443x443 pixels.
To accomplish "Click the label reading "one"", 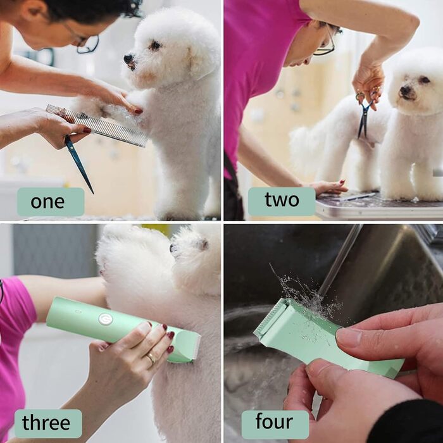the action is click(x=47, y=202).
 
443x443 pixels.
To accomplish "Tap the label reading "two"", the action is click(x=282, y=199).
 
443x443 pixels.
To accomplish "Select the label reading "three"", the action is click(x=46, y=423).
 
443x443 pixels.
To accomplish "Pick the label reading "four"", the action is click(x=274, y=421).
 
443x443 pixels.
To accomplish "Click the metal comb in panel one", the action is click(x=97, y=125).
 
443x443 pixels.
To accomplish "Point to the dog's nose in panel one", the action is click(x=128, y=58).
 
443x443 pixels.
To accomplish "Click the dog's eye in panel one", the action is click(x=155, y=45).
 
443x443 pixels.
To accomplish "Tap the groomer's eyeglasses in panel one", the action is click(x=84, y=42).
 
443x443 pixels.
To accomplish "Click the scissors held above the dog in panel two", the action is click(x=365, y=115).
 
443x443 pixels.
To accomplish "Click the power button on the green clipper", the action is click(x=106, y=319).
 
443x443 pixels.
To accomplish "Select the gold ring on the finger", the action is click(x=151, y=358).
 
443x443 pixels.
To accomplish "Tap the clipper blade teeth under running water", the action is click(x=268, y=317).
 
